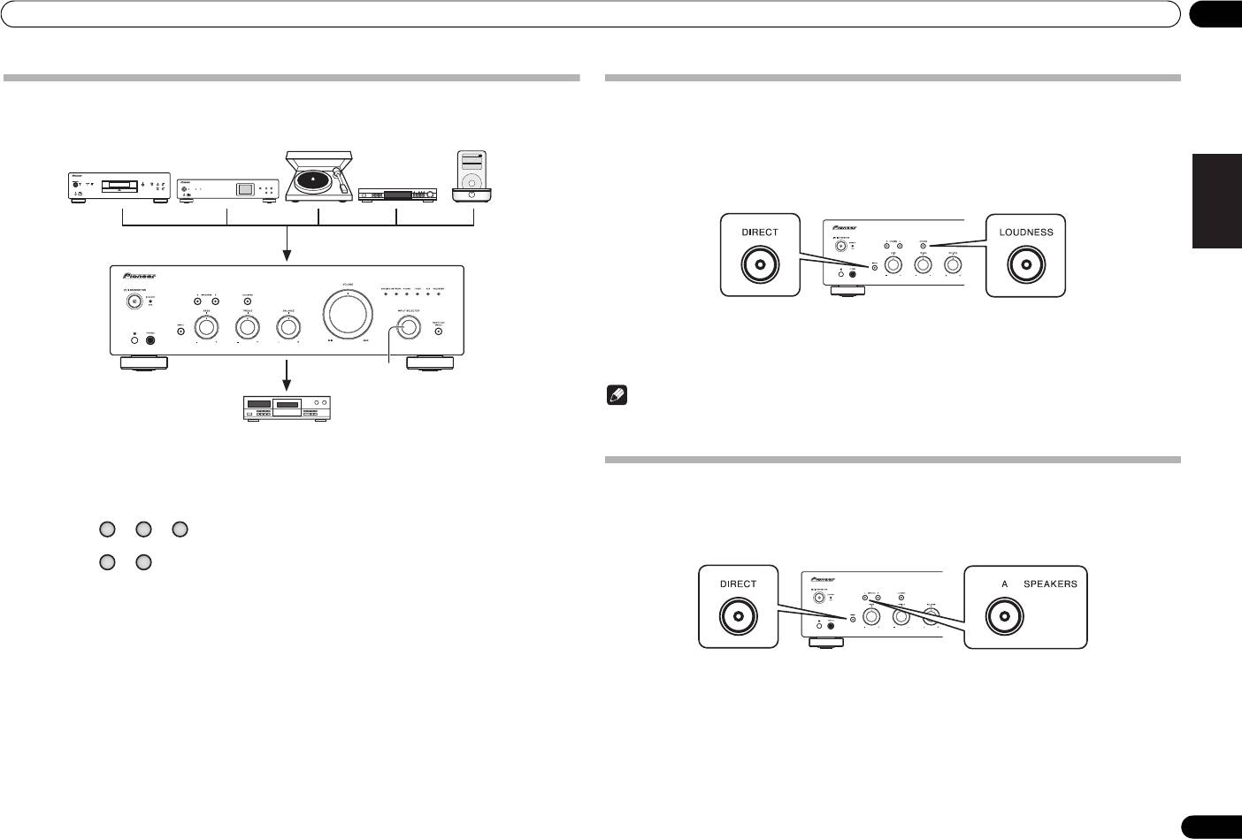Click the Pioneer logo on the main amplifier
139,275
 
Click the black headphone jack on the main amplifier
151,339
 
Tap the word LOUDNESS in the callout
1026,233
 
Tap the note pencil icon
616,397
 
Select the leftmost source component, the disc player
119,187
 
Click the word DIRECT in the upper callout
760,233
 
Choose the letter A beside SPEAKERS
1005,584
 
